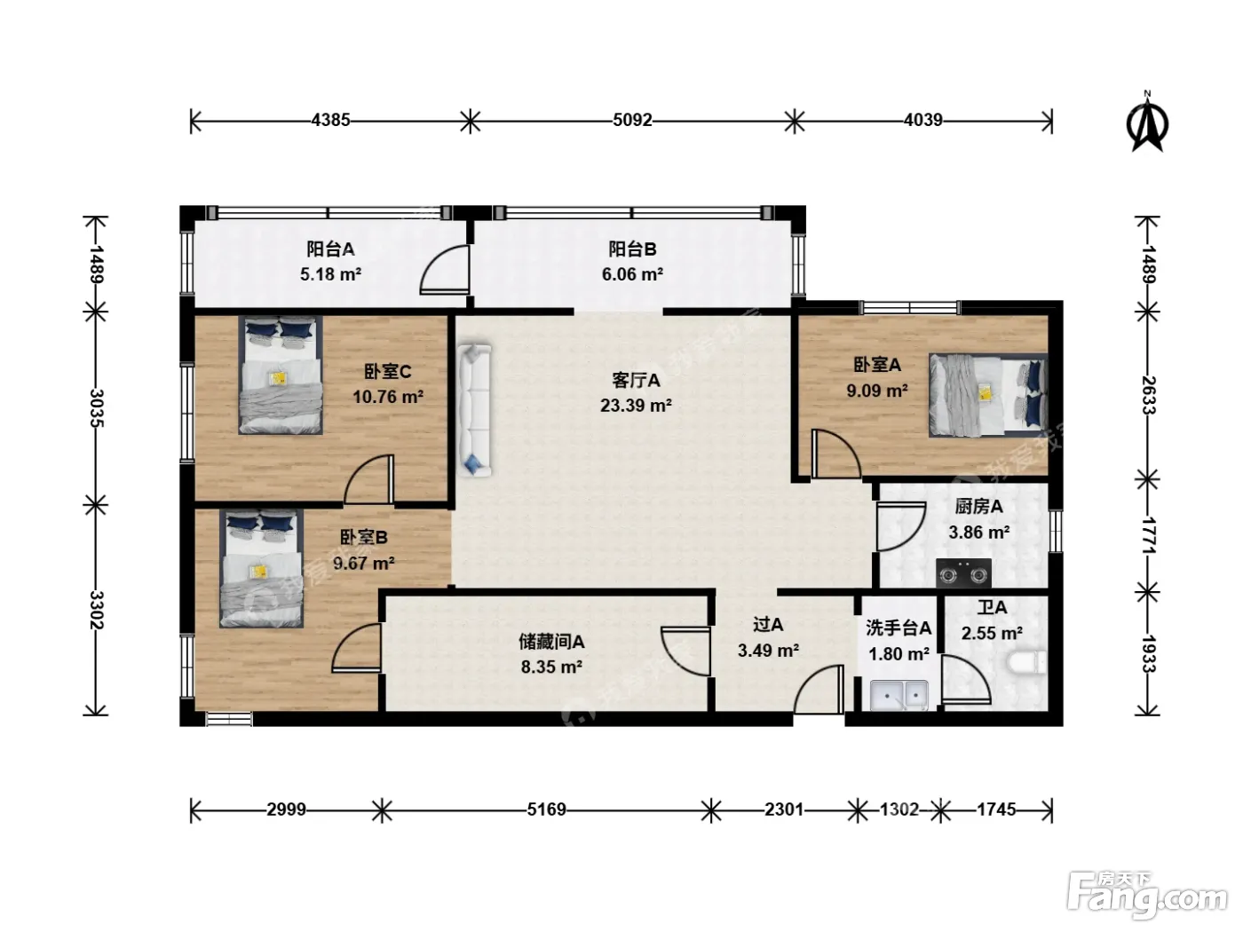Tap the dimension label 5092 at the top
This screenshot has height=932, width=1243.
point(632,120)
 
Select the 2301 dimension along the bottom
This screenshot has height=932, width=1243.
point(783,810)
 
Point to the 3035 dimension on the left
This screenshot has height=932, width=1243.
point(96,407)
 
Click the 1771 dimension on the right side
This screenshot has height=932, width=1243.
point(1148,535)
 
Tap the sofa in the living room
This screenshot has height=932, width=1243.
point(474,410)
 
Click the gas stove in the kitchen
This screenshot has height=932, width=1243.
point(963,573)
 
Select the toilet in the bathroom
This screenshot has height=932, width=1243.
point(1026,662)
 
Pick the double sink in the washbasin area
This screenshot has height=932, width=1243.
point(899,694)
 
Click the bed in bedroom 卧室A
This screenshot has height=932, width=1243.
point(987,395)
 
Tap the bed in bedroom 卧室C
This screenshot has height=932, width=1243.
point(281,375)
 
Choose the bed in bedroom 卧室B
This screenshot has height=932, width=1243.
point(261,568)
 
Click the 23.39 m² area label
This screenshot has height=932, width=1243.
point(636,406)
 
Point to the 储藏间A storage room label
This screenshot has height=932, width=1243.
point(551,642)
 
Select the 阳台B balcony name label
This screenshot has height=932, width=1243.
point(632,249)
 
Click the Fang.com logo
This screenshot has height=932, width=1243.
point(1147,896)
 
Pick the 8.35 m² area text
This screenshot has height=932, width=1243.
point(551,667)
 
